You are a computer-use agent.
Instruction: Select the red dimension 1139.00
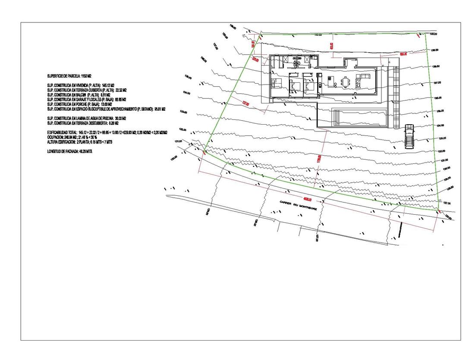319,159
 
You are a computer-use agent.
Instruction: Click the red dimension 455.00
331,45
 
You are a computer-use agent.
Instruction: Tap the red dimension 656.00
403,54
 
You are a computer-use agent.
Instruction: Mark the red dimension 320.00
255,59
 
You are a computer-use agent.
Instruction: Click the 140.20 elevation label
434,34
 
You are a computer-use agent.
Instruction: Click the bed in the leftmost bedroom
276,83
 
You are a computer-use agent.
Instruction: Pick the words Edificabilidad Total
62,132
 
